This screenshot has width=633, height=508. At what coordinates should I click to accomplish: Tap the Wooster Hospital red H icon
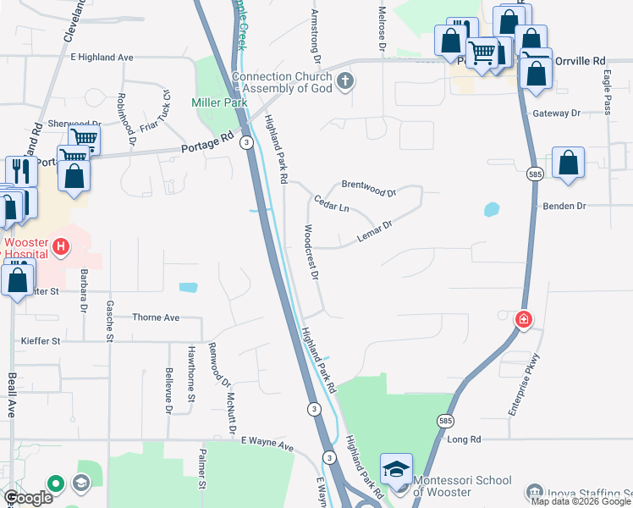[x=60, y=247]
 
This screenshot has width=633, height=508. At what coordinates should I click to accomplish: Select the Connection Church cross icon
[x=344, y=81]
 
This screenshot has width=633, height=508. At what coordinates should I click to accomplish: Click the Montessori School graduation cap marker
[x=396, y=470]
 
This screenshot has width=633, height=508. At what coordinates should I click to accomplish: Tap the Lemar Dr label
[x=375, y=231]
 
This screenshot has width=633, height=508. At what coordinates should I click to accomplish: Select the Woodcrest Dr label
[x=310, y=252]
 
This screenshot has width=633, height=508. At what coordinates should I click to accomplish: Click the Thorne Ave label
[x=157, y=317]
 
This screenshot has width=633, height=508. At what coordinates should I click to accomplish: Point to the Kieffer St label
[x=41, y=341]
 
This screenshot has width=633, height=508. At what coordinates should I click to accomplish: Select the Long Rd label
[x=464, y=439]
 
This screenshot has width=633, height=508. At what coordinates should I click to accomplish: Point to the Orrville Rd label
[x=587, y=61]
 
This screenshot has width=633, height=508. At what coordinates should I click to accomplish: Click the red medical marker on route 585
[x=524, y=320]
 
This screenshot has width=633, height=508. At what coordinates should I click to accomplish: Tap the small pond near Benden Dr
[x=491, y=208]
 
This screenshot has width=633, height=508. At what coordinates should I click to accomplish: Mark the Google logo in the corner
[x=28, y=498]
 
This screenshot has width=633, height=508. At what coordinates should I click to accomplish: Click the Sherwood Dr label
[x=69, y=123]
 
